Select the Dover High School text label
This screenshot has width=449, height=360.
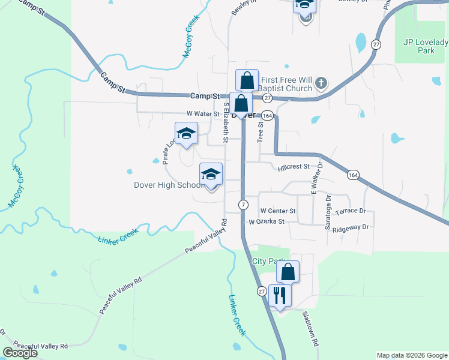click(x=169, y=185)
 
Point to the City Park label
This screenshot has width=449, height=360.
click(x=267, y=261)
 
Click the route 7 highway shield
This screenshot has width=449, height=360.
click(x=243, y=205)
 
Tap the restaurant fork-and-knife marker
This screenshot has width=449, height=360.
click(x=280, y=296)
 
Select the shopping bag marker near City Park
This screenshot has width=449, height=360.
click(x=288, y=272)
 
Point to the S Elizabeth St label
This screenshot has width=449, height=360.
click(x=226, y=122)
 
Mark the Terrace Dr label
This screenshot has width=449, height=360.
click(x=351, y=211)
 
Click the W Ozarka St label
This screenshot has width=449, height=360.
click(x=274, y=222)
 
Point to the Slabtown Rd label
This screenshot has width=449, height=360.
click(x=309, y=329)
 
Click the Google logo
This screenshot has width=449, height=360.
click(x=20, y=353)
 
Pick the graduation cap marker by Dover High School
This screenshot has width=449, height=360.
click(x=211, y=175)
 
